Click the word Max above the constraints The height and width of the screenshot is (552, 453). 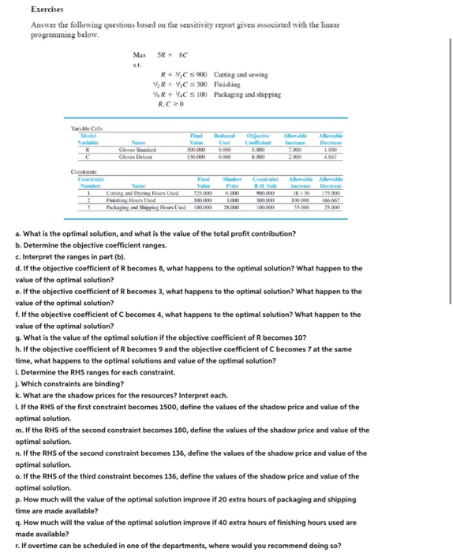point(140,54)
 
